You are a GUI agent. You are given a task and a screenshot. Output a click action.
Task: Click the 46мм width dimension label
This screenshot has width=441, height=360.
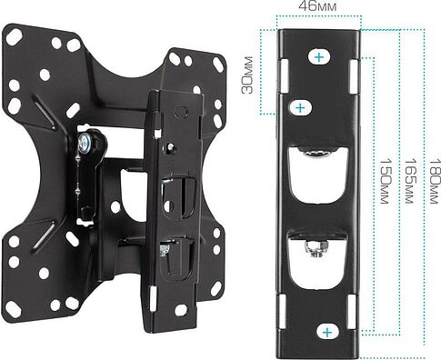pos(317,6)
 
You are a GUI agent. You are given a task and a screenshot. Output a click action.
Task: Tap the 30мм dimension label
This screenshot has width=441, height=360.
pos(247,75)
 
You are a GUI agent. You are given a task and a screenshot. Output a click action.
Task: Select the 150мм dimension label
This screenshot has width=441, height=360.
pos(384,181)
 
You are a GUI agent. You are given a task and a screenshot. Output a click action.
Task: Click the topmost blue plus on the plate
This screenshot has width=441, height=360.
pos(319,57)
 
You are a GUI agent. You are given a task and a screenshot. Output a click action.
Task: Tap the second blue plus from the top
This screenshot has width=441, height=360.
pos(300,108)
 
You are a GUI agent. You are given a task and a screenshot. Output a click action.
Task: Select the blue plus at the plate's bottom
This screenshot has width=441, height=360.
pos(327,333)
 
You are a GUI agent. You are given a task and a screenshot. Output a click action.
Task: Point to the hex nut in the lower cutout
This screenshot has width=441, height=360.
pos(316,248)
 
